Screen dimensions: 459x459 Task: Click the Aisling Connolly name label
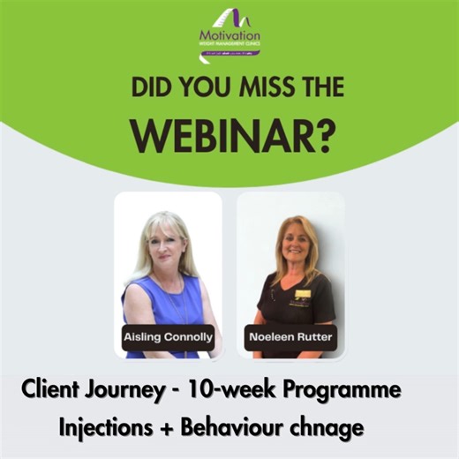(167, 338)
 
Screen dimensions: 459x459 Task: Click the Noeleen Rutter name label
(291, 338)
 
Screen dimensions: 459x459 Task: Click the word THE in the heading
(313, 89)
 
